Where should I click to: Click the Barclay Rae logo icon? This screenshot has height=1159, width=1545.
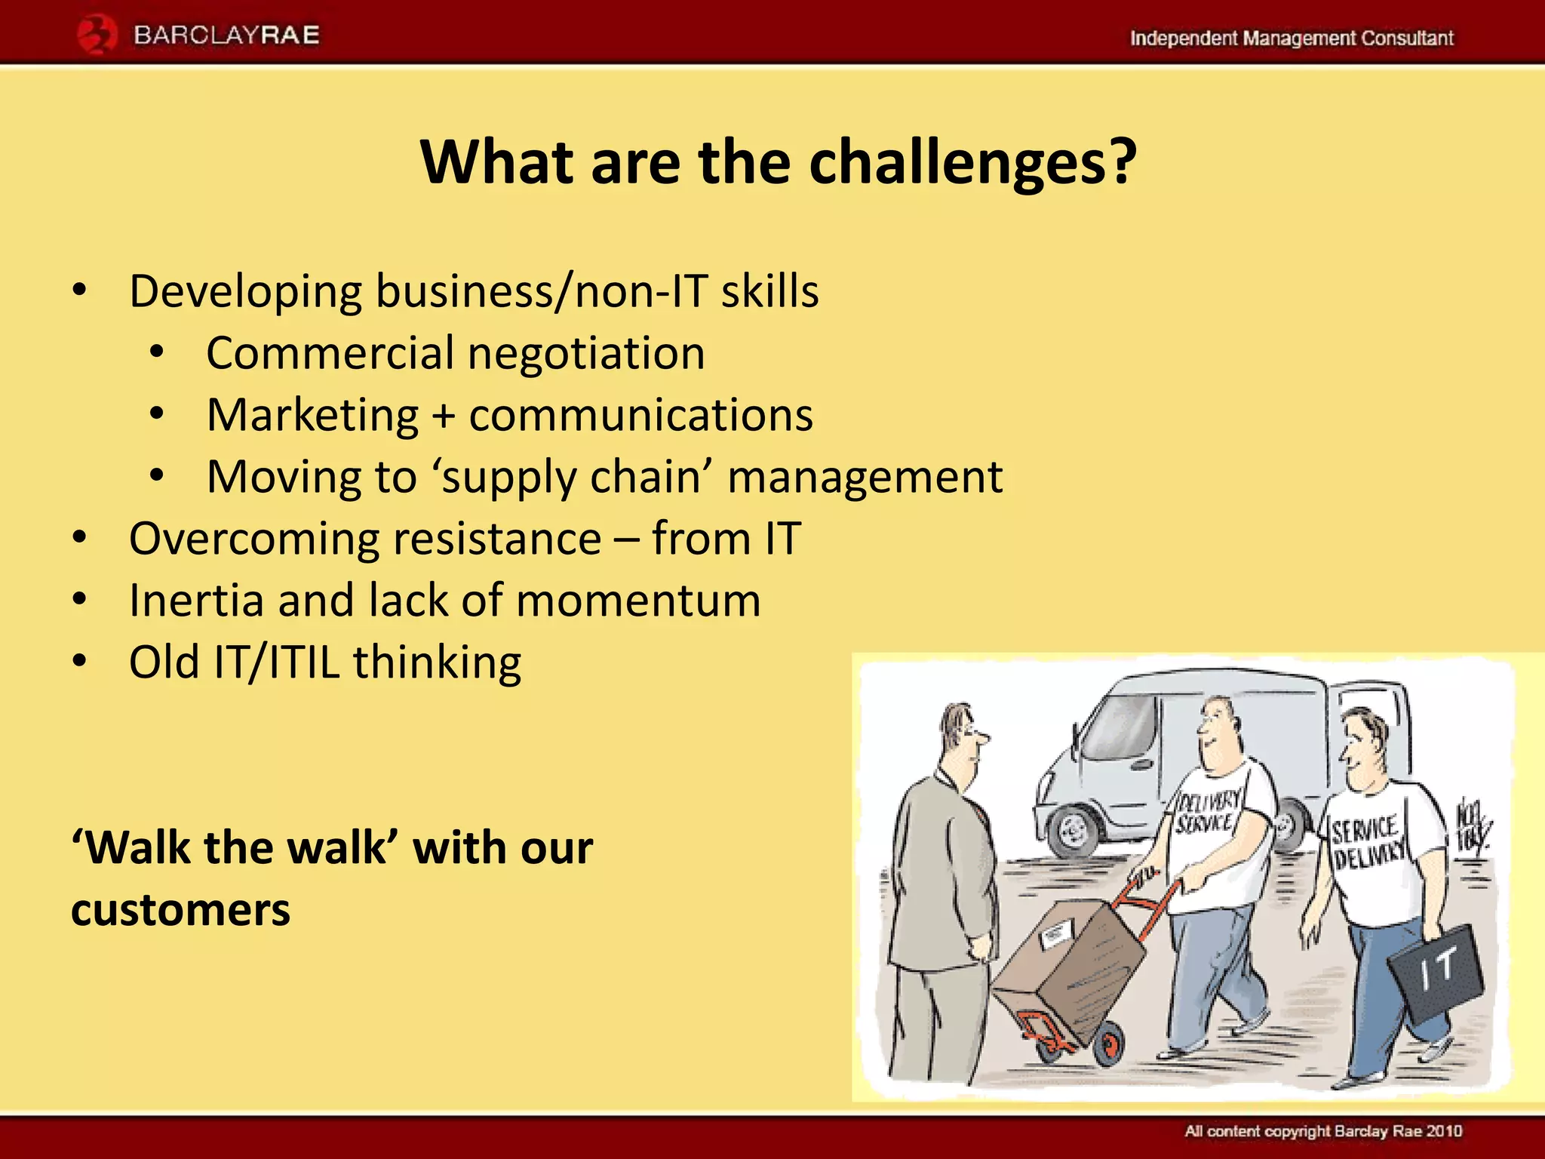point(97,35)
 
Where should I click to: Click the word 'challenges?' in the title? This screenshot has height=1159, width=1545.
point(972,164)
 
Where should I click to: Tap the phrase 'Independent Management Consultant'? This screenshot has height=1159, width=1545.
point(1291,38)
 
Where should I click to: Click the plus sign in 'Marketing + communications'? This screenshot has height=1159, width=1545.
point(444,417)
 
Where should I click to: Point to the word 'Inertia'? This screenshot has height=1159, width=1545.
point(196,601)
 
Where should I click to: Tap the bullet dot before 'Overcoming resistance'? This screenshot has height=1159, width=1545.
point(80,539)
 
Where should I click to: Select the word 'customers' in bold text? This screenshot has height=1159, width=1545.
point(180,910)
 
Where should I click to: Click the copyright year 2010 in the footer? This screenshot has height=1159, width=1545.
point(1444,1130)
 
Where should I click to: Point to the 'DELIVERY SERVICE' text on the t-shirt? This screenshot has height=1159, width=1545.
point(1208,812)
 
